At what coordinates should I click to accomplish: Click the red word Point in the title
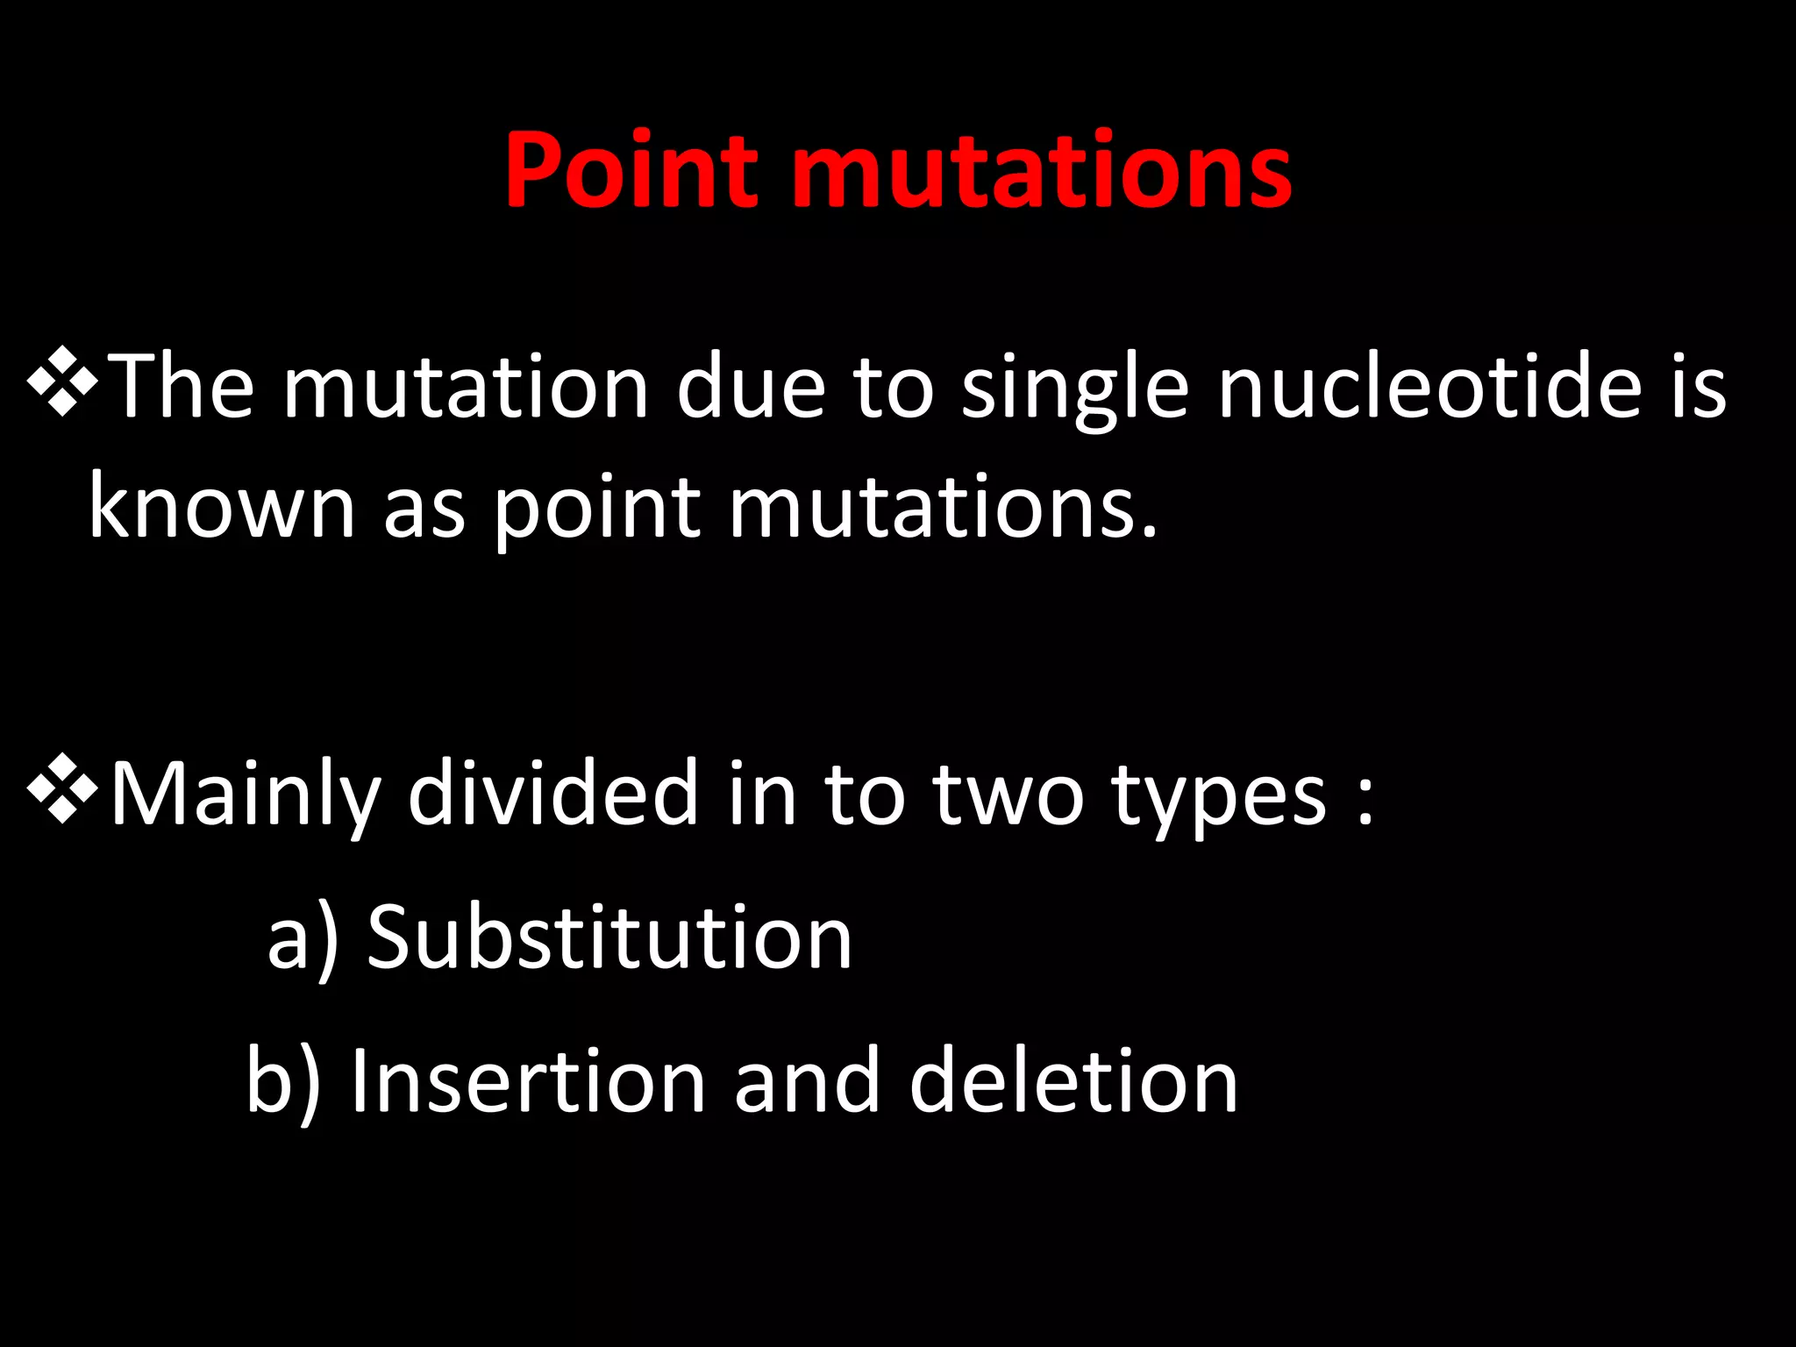click(631, 170)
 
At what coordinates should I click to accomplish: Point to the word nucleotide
click(1429, 386)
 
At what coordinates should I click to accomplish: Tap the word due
click(751, 386)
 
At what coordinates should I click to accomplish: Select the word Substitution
click(609, 937)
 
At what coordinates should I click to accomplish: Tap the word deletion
click(1073, 1080)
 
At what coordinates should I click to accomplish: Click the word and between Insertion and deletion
click(807, 1080)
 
